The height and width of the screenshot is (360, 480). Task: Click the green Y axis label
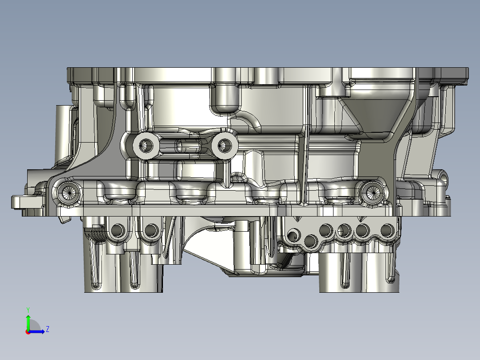28,310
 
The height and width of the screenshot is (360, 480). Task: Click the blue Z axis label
48,329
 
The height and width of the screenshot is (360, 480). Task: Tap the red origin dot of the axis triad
28,332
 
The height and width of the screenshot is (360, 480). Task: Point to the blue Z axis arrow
37,331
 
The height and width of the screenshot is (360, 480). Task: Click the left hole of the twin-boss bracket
146,145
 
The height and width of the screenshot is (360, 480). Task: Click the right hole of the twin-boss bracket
225,145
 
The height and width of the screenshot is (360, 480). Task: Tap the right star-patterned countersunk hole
372,192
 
